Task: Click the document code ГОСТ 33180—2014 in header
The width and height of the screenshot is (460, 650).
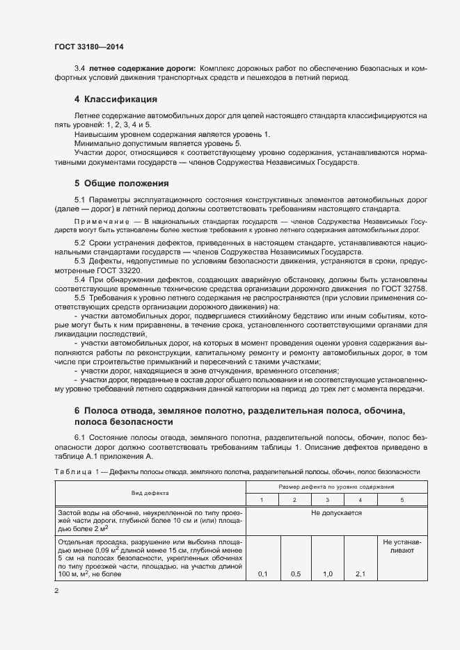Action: [x=90, y=47]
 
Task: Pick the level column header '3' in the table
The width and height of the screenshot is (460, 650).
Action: [x=328, y=500]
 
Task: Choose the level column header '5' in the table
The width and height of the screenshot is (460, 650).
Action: [x=402, y=500]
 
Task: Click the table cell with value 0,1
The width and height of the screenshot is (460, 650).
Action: [x=263, y=574]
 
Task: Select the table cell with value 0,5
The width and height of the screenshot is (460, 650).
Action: [x=295, y=574]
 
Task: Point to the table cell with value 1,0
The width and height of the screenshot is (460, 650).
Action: [x=328, y=574]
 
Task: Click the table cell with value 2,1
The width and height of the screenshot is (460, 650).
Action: [x=360, y=574]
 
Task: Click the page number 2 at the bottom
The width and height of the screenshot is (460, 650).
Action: [x=56, y=591]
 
